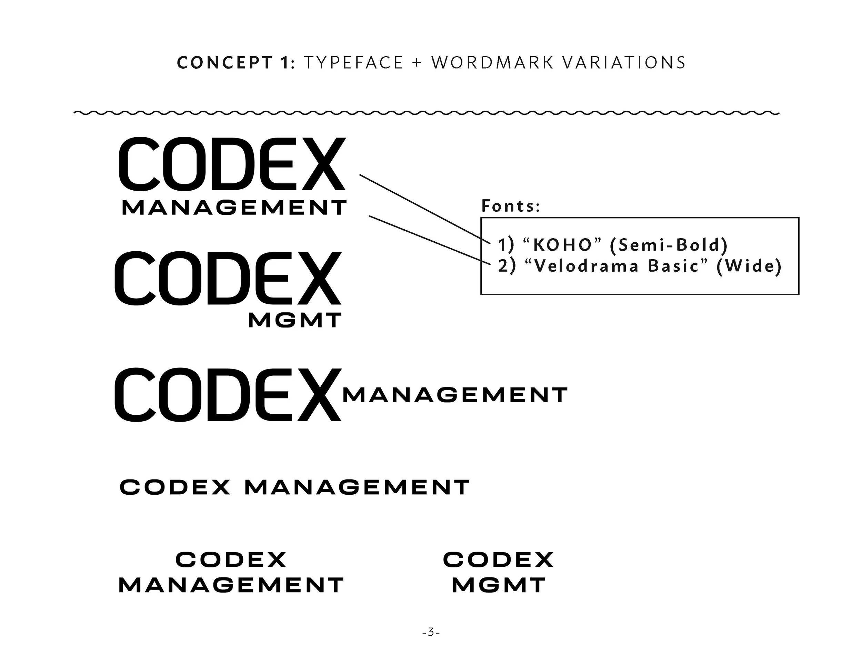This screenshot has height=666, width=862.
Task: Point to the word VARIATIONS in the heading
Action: coord(624,63)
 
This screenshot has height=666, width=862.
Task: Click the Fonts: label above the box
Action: coord(510,206)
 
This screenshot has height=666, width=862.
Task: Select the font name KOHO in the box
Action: coord(562,245)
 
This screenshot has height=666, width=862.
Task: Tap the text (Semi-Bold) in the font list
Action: coord(669,245)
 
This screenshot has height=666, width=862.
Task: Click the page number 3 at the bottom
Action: coord(431,633)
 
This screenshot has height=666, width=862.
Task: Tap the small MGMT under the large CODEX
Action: coord(294,320)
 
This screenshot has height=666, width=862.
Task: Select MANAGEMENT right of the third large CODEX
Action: coord(455,395)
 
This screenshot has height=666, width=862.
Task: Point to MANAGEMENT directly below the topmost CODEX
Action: coord(234,208)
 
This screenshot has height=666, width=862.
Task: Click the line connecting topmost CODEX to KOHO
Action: coord(424,208)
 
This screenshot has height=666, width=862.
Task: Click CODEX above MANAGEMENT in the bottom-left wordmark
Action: coord(231,559)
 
